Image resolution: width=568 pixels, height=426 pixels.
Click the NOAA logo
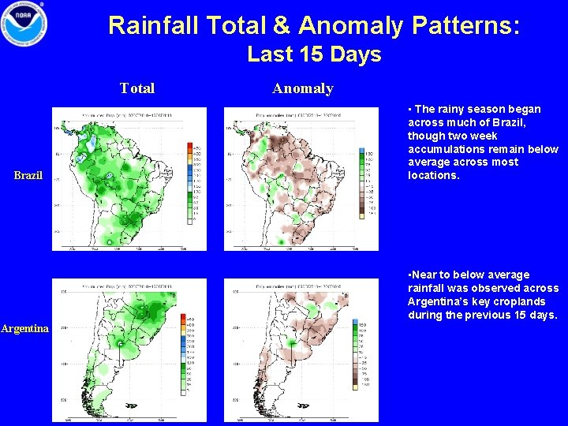pos(24,25)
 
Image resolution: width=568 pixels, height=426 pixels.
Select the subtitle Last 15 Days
pos(314,54)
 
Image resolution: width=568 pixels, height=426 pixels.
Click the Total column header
pos(137,88)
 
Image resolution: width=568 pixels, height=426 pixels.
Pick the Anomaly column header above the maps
pos(303,88)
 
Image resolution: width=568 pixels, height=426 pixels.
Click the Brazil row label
pos(28,175)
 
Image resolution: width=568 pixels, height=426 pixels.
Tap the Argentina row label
pos(25,328)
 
